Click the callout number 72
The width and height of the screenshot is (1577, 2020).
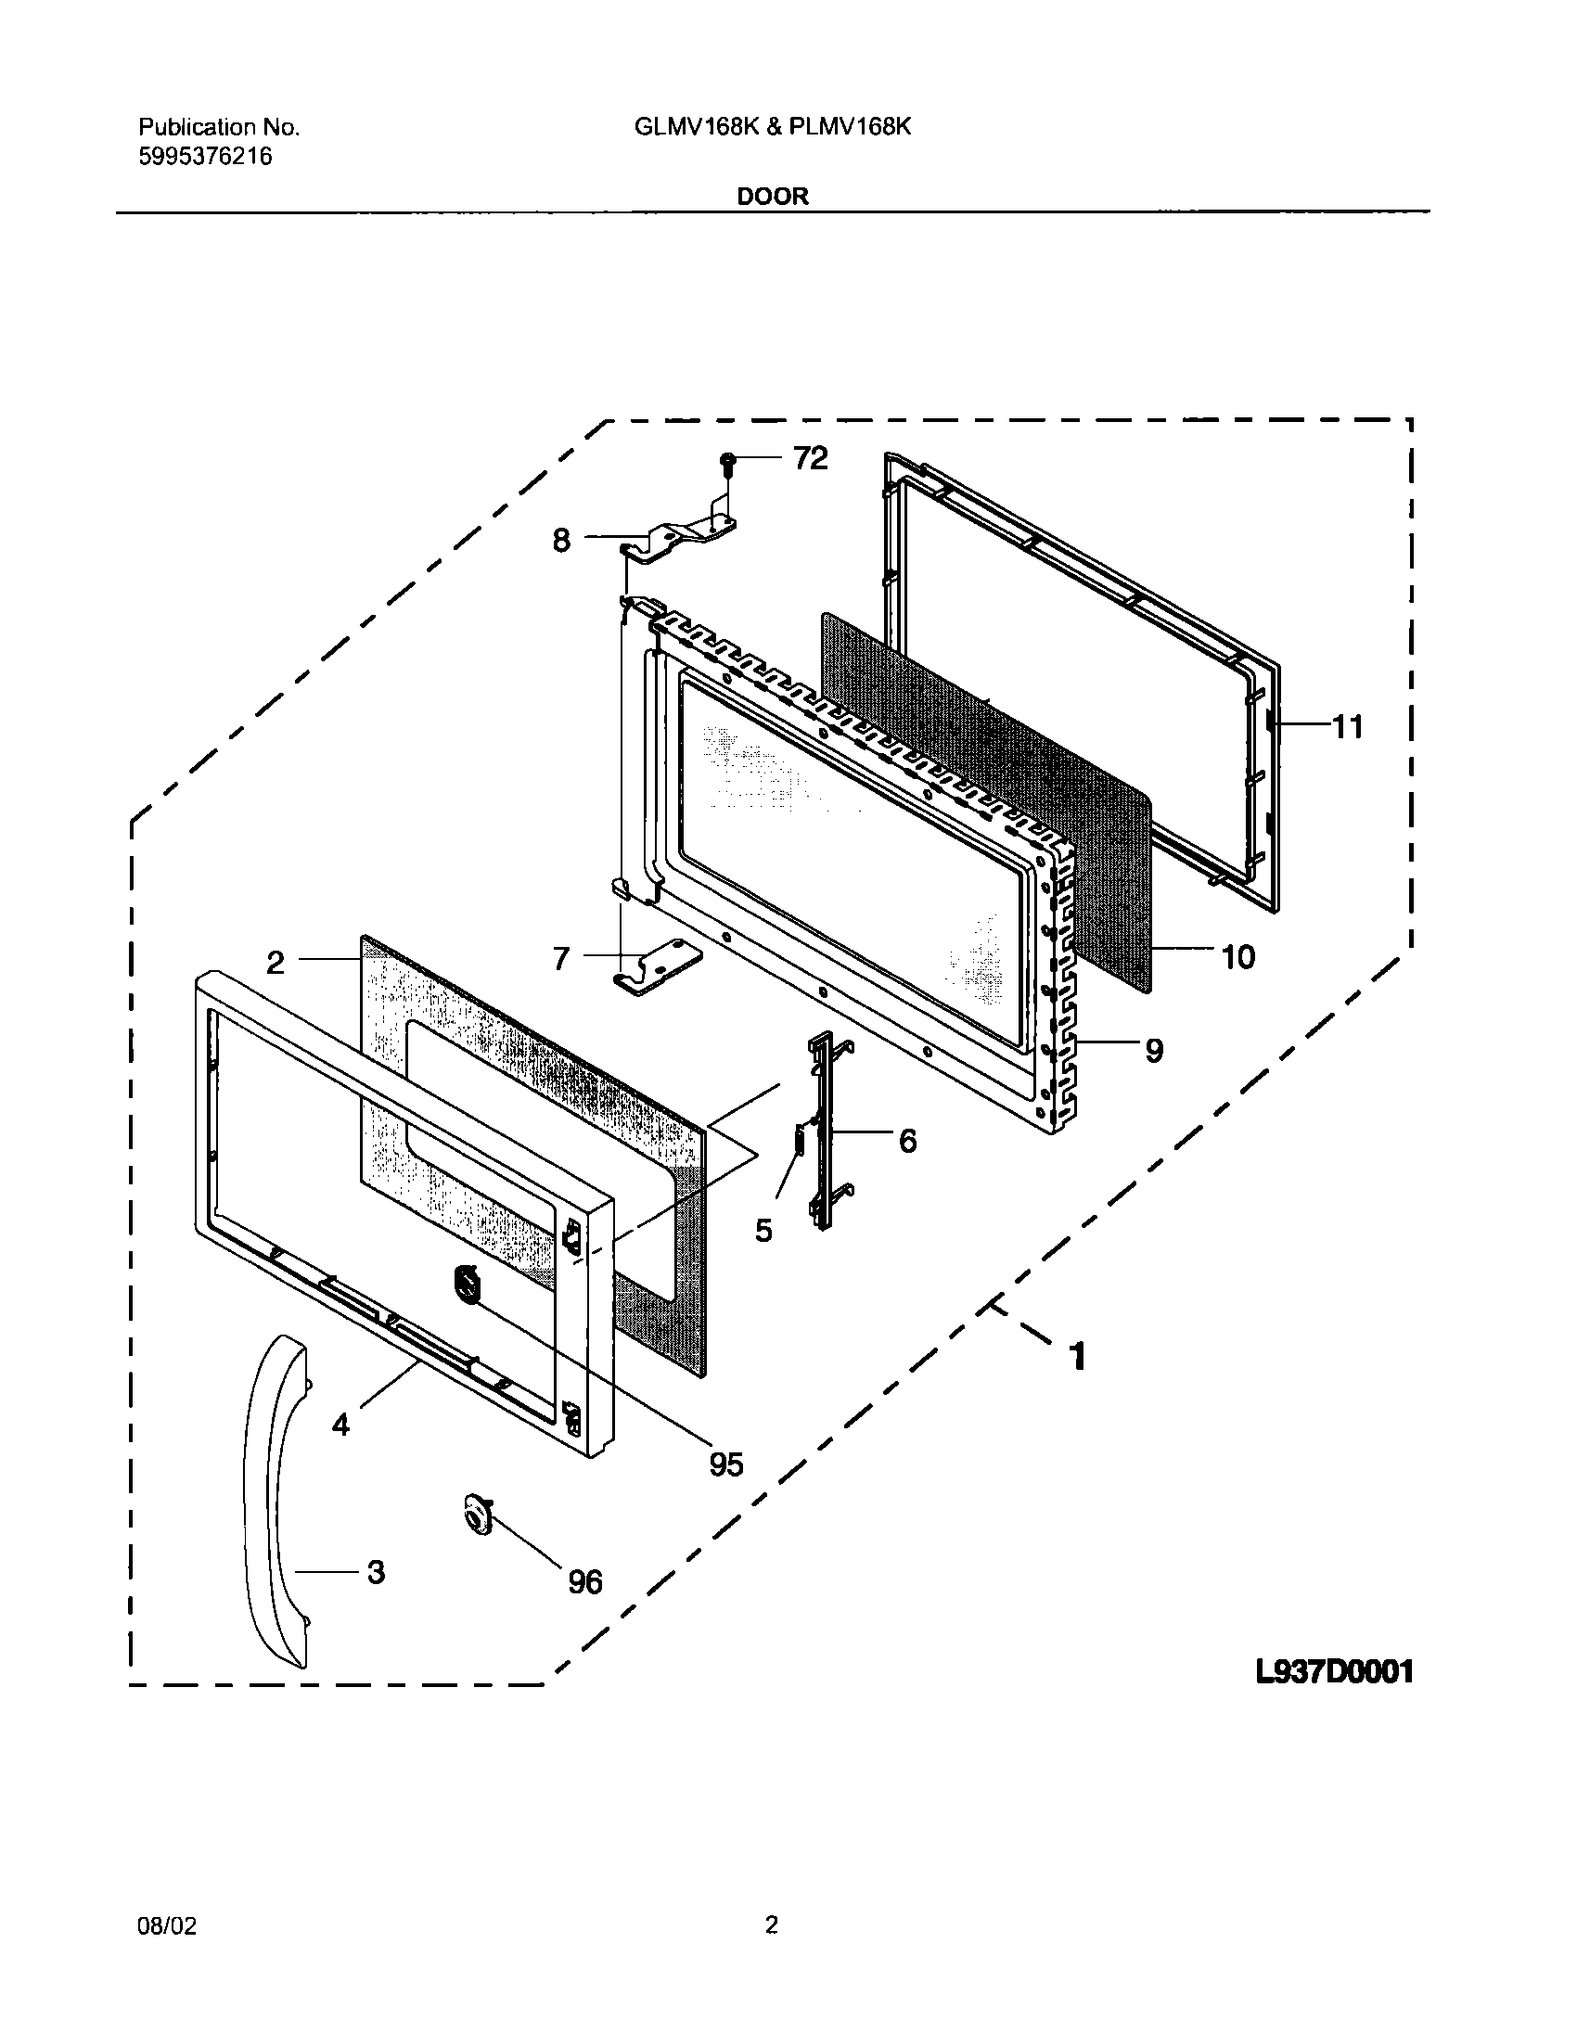pos(810,458)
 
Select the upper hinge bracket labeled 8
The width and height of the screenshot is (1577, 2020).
pos(682,539)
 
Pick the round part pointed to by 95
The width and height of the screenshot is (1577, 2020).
pos(467,1285)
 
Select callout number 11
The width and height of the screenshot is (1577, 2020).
pos(1348,727)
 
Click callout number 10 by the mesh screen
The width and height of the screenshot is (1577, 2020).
pos(1237,956)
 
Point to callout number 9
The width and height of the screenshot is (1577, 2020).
pos(1153,1050)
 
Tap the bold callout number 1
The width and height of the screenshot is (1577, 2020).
pos(1076,1357)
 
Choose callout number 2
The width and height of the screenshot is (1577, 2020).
pos(276,964)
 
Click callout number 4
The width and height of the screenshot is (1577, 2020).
pos(340,1425)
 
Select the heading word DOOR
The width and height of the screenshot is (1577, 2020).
pos(773,197)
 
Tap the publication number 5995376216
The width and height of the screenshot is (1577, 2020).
pos(205,157)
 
